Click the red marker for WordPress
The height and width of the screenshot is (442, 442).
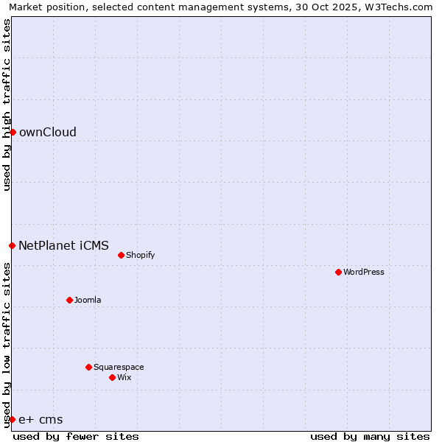pyautogui.click(x=338, y=272)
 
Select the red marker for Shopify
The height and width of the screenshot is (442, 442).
pyautogui.click(x=121, y=255)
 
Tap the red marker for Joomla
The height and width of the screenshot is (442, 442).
pyautogui.click(x=69, y=300)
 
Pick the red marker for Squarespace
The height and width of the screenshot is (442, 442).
pyautogui.click(x=88, y=367)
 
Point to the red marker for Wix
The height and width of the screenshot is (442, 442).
pyautogui.click(x=112, y=377)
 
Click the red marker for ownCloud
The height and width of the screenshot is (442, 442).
pyautogui.click(x=13, y=132)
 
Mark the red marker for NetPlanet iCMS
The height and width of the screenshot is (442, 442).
pyautogui.click(x=12, y=245)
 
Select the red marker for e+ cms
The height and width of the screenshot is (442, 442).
pyautogui.click(x=12, y=419)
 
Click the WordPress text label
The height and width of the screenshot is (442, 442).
pyautogui.click(x=364, y=272)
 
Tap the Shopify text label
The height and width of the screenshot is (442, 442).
pyautogui.click(x=140, y=255)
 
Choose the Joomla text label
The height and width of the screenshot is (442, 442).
pyautogui.click(x=88, y=300)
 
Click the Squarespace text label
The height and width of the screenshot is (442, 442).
pyautogui.click(x=119, y=367)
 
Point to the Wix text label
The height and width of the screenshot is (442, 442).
pyautogui.click(x=124, y=377)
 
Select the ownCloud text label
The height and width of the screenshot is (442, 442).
pyautogui.click(x=48, y=133)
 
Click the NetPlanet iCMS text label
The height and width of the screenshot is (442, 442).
pyautogui.click(x=63, y=245)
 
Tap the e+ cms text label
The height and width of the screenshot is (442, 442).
pyautogui.click(x=41, y=420)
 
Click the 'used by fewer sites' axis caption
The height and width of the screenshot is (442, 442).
pyautogui.click(x=76, y=436)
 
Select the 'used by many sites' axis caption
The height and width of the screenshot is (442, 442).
pyautogui.click(x=370, y=436)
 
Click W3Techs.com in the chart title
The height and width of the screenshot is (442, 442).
pyautogui.click(x=396, y=7)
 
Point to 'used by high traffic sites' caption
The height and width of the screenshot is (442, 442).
pyautogui.click(x=7, y=105)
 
